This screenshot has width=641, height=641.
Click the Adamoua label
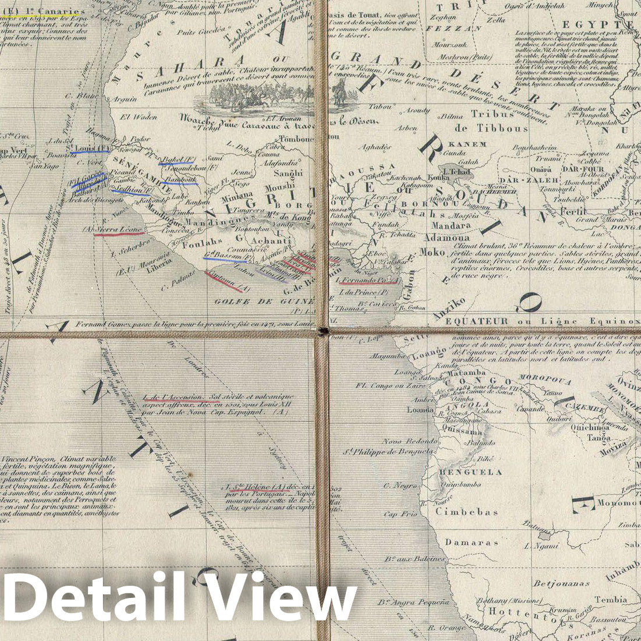pos(447,238)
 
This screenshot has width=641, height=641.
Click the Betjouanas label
pos(562,583)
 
